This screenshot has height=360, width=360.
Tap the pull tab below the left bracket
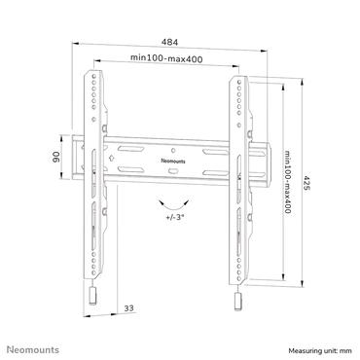click(93, 295)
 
